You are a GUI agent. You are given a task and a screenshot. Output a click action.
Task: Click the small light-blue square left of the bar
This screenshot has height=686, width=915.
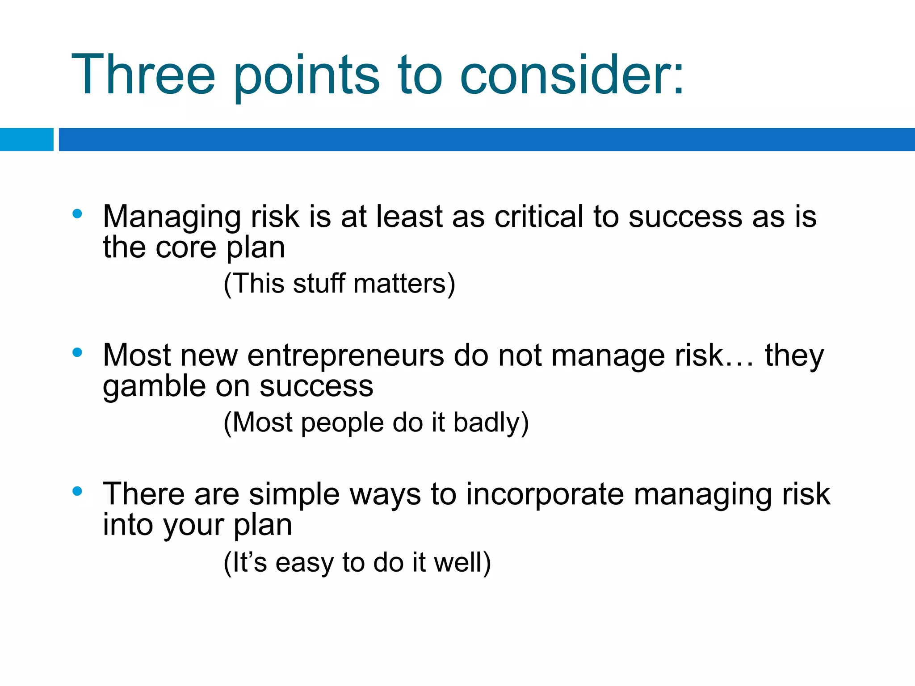point(26,139)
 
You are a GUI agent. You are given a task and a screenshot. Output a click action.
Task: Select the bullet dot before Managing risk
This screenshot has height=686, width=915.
point(77,214)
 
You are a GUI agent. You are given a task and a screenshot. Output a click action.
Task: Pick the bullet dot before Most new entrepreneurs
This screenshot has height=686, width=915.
point(77,353)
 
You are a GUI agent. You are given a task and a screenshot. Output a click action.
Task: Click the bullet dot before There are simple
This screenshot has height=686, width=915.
point(77,492)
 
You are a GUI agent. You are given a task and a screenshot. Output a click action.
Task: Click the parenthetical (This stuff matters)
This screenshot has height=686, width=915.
point(339,284)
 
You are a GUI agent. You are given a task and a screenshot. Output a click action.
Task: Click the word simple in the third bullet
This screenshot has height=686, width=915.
point(294,495)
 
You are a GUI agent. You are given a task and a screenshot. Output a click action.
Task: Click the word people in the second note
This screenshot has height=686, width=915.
point(342,423)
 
